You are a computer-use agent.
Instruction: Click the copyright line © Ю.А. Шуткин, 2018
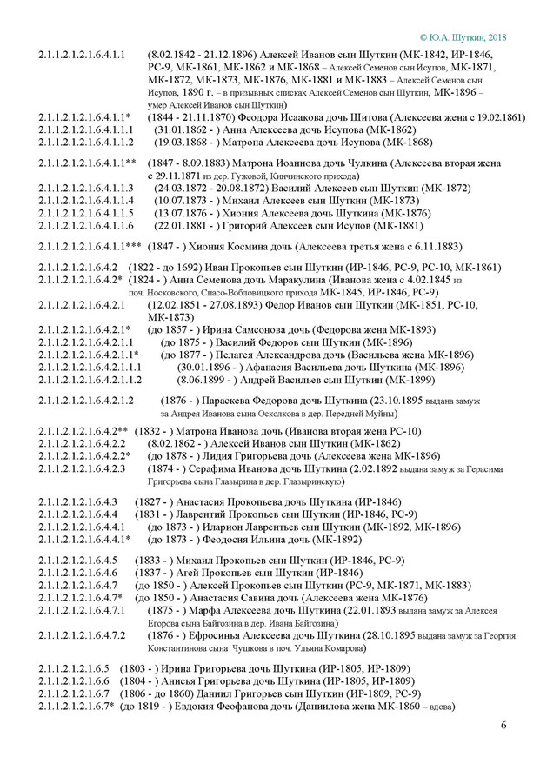(x=462, y=37)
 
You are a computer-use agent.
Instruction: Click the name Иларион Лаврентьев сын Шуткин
(x=269, y=526)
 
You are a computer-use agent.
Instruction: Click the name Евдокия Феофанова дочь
(x=251, y=705)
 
